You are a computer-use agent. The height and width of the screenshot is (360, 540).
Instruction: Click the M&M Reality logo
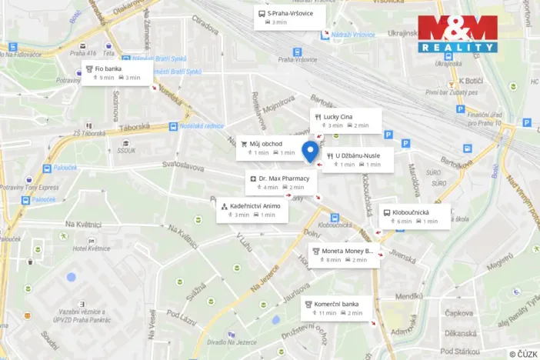click(x=458, y=35)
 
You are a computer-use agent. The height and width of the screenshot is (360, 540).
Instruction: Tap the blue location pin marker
click(x=310, y=152)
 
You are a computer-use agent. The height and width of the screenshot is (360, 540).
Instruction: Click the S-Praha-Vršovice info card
click(x=289, y=17)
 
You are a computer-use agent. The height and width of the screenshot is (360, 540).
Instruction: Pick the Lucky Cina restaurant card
click(x=342, y=120)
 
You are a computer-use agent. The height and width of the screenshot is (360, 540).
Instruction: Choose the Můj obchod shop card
click(x=268, y=148)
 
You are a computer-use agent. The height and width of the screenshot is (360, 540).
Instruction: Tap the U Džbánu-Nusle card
click(x=358, y=159)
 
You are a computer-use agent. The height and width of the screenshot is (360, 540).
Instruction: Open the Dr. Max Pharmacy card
click(x=280, y=182)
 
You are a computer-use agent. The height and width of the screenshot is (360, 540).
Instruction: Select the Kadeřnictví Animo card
click(x=252, y=210)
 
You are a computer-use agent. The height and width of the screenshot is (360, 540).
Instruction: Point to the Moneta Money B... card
click(x=344, y=255)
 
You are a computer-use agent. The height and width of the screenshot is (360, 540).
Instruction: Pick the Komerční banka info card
click(x=336, y=308)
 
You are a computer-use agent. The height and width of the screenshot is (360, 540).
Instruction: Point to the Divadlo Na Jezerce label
click(x=227, y=342)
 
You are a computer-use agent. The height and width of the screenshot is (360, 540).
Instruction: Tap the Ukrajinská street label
click(x=402, y=33)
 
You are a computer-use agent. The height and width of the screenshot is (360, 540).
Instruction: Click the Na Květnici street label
click(x=83, y=224)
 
